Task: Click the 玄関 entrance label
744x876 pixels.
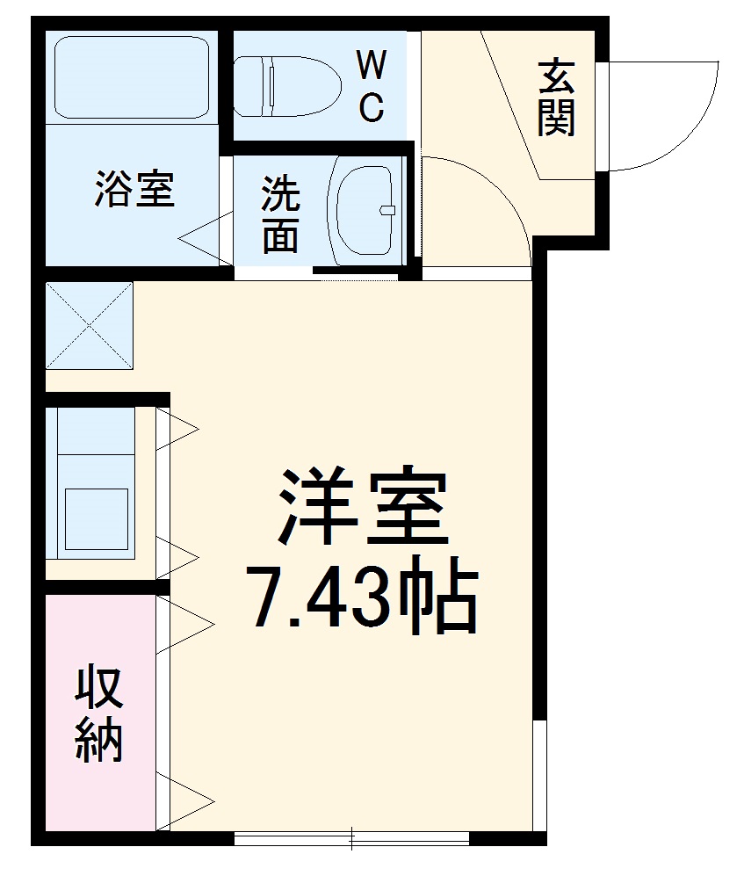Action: (557, 98)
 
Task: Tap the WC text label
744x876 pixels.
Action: (371, 86)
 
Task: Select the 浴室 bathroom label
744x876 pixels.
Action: (134, 189)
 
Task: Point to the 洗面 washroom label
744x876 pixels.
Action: (280, 214)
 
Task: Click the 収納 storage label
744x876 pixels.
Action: (98, 714)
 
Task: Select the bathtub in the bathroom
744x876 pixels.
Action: (132, 77)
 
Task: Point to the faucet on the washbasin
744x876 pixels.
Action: (386, 209)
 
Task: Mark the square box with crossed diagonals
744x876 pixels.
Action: (89, 325)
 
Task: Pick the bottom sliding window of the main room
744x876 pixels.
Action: (351, 838)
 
